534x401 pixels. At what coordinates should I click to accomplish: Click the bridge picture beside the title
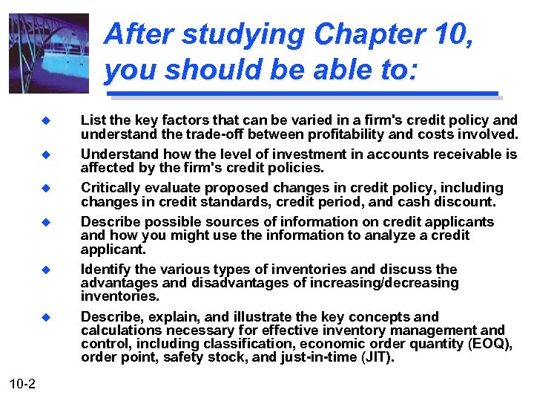49,53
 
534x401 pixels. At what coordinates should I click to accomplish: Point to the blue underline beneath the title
302,94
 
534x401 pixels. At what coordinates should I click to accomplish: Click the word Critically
111,188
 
